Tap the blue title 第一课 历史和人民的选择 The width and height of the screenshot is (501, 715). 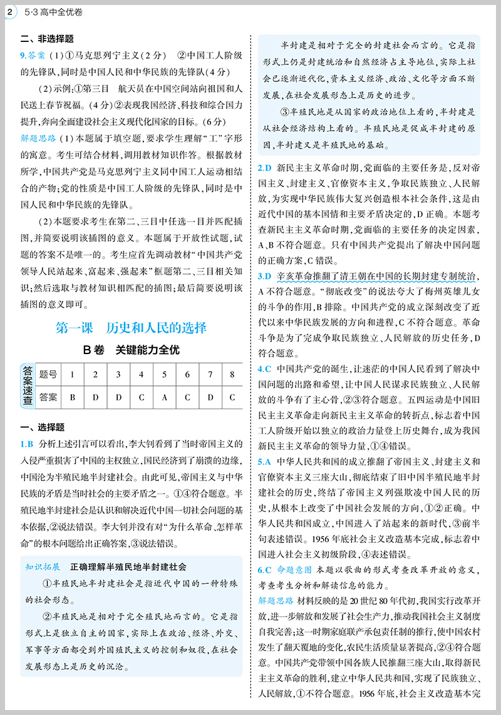coord(131,327)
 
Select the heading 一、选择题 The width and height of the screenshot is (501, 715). coord(41,428)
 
